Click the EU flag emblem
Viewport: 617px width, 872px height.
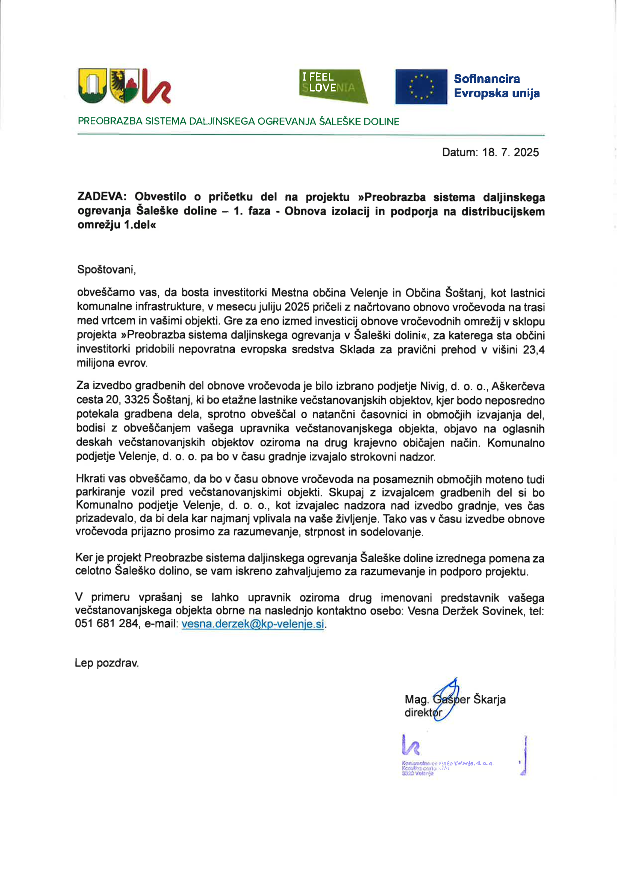click(x=421, y=87)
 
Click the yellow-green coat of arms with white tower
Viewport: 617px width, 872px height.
click(x=92, y=85)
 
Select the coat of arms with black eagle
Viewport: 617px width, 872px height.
click(x=124, y=85)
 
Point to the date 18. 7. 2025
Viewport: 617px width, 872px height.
click(x=510, y=153)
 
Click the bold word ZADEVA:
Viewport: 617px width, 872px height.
click(x=101, y=197)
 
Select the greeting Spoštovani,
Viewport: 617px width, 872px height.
click(x=106, y=270)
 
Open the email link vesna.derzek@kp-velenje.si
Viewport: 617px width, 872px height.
click(x=253, y=623)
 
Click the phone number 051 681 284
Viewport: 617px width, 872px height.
click(x=106, y=623)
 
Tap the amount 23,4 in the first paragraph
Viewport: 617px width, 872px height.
click(x=533, y=349)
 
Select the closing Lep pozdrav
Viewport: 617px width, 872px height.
click(x=107, y=663)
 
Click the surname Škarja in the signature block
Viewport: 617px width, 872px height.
click(x=489, y=700)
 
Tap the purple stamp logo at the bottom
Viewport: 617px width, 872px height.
click(x=411, y=745)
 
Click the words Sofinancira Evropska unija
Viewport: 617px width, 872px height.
click(x=496, y=86)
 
